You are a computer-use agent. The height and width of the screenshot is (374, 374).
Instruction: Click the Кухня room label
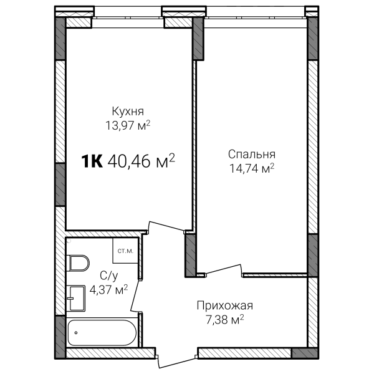[128, 112]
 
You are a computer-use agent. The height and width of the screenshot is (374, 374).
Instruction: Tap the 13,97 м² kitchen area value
[128, 125]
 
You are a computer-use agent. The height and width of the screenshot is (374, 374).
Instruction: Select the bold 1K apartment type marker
[92, 161]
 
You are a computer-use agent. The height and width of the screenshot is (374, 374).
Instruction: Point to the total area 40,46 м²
[141, 161]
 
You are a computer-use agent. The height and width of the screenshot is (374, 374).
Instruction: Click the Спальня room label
[252, 155]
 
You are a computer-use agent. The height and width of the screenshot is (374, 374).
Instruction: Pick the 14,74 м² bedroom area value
[252, 168]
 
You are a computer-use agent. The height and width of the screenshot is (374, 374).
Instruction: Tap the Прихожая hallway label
[224, 305]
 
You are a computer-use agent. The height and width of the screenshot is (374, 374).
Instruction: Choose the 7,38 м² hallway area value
[224, 319]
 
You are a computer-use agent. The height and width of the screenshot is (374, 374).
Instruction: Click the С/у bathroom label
[108, 276]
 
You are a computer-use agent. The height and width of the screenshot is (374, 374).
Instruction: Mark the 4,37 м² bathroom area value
[108, 290]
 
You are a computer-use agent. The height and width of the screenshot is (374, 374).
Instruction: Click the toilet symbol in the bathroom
[77, 263]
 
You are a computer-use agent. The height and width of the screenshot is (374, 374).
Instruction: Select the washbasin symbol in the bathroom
[76, 298]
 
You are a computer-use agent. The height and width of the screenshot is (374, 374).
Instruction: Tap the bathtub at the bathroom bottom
[102, 332]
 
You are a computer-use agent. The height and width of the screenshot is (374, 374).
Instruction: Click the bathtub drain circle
[76, 332]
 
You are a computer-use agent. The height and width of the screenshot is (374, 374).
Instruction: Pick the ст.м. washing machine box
[125, 251]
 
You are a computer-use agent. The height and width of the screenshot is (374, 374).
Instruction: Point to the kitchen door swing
[166, 226]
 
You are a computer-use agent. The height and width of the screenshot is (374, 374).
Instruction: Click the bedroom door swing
[223, 269]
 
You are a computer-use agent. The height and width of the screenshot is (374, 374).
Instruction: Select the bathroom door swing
[135, 295]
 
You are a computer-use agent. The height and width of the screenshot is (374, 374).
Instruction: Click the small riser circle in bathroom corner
[69, 241]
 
